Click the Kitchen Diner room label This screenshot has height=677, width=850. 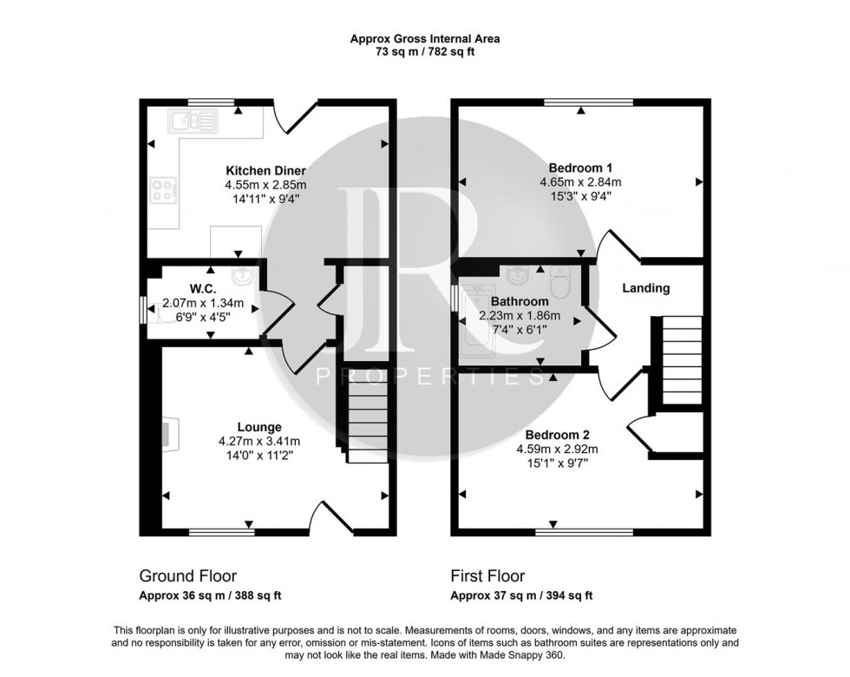click(265, 170)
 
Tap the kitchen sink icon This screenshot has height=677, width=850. click(193, 122)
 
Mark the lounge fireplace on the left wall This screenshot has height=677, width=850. click(167, 432)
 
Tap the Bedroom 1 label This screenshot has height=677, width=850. click(580, 168)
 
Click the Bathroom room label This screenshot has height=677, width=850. click(519, 300)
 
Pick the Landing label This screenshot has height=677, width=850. click(646, 288)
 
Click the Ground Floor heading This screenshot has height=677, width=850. click(187, 576)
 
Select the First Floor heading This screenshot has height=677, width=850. click(487, 576)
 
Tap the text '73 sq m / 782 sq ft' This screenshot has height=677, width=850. click(425, 52)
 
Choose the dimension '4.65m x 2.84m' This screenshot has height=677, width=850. click(580, 182)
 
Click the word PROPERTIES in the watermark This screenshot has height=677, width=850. click(424, 377)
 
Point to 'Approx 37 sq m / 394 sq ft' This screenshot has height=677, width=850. click(521, 595)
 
